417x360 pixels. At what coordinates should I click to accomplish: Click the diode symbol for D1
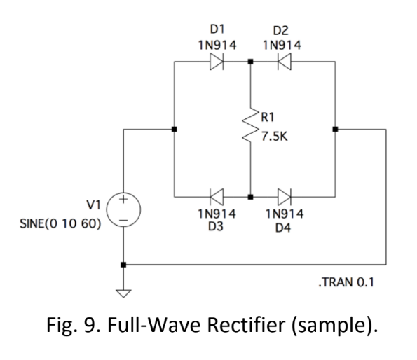tap(214, 62)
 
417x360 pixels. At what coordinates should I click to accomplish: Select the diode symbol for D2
tap(284, 62)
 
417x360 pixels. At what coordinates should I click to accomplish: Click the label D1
tap(214, 31)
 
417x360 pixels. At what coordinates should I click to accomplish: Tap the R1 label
tap(269, 118)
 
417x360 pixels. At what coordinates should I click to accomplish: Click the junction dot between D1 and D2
tap(250, 62)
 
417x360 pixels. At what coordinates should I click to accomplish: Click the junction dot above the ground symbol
tap(124, 265)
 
